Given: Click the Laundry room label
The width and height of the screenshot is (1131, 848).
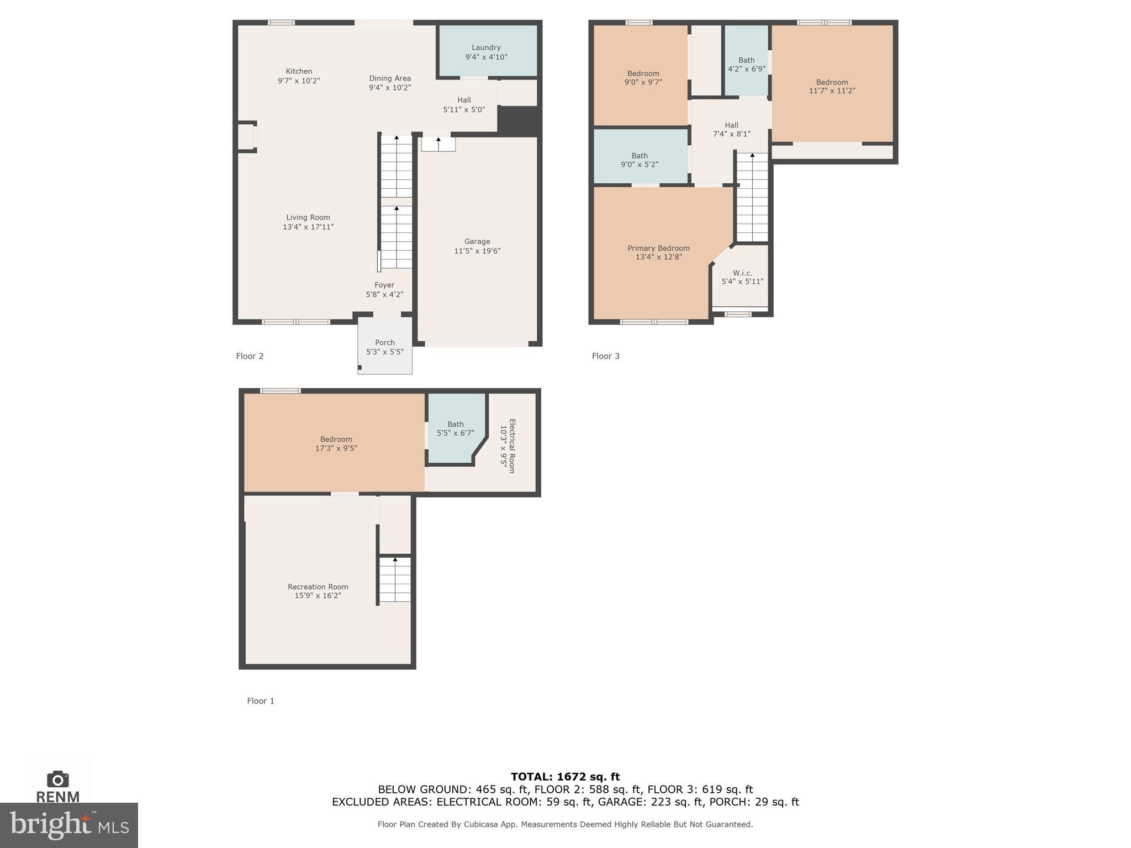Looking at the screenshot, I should tap(486, 48).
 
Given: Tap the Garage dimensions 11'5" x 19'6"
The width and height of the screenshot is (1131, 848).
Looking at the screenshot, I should tap(477, 251).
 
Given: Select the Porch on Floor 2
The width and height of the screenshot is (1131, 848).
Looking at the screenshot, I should tap(385, 347).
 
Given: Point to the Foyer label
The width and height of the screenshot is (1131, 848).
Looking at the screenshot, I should tap(384, 285).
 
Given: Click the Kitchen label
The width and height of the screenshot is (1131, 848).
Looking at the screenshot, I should tap(299, 71).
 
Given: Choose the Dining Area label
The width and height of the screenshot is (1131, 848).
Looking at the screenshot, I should tap(390, 78).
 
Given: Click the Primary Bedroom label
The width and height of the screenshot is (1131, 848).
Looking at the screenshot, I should tap(658, 248).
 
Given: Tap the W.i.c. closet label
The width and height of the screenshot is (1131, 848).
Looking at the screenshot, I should tap(742, 273).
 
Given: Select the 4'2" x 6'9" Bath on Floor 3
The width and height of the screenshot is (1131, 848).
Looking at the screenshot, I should tap(746, 65).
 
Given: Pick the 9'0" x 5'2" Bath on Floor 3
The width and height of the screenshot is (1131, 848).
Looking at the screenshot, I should tap(640, 160).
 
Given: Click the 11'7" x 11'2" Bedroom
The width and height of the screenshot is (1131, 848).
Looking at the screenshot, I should tap(832, 87).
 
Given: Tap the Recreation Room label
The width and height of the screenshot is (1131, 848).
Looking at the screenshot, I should tap(318, 587).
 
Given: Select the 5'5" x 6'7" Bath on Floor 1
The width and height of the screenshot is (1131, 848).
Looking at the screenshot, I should tap(455, 428).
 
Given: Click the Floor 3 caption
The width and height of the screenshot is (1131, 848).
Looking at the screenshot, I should tap(605, 356).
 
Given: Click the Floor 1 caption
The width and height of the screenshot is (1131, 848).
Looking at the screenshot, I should tap(260, 701).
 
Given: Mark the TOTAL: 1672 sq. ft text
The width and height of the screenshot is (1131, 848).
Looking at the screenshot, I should tap(565, 777).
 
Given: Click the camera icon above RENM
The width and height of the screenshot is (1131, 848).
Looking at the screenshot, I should tap(58, 779).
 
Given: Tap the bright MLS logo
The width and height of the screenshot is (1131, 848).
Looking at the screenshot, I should tap(69, 825).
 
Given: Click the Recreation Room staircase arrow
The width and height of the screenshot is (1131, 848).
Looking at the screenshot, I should tap(395, 560).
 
